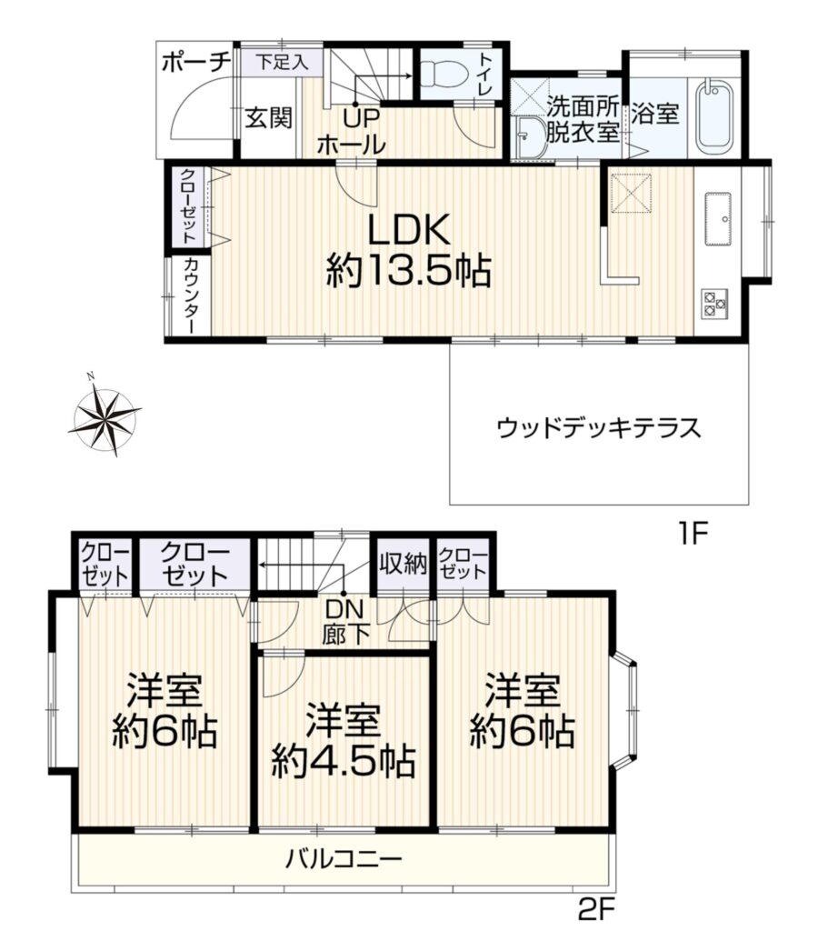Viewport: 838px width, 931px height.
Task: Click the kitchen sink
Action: coord(720,218)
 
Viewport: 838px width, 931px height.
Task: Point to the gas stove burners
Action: coord(714,304)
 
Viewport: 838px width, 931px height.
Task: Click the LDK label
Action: coord(408,229)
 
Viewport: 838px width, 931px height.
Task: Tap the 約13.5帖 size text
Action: coord(408,271)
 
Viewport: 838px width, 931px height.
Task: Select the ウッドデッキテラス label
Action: coord(599,427)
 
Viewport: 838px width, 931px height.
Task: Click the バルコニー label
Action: coord(344,858)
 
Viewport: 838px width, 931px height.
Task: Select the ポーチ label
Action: coord(195,63)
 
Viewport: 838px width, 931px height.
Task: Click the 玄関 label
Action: coord(269,117)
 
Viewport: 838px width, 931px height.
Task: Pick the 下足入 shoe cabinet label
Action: coord(282,62)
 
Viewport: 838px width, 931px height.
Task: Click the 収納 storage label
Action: coord(403,564)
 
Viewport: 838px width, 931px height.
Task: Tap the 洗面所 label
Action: coord(583,107)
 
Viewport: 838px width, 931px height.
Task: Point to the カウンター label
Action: coord(191,295)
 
